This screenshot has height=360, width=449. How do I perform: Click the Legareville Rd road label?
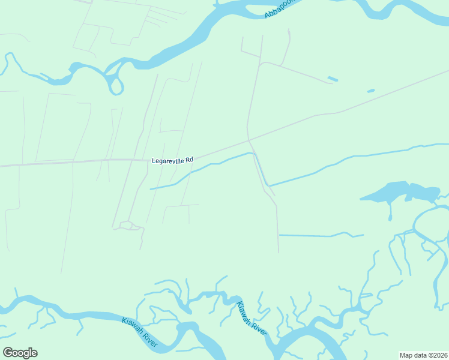(173, 160)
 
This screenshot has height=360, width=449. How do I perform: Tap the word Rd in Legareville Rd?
(189, 160)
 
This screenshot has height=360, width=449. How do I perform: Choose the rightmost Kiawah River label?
(250, 318)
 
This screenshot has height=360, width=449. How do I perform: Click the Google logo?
(20, 353)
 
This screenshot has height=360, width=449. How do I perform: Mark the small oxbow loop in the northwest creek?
(116, 86)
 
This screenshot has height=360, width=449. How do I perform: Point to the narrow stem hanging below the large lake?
(391, 212)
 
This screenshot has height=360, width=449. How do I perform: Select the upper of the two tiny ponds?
(333, 79)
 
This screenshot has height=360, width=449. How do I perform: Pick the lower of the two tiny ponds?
(371, 91)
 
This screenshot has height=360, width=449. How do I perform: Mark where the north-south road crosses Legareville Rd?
(249, 142)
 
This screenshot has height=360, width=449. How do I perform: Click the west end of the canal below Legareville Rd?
(151, 189)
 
